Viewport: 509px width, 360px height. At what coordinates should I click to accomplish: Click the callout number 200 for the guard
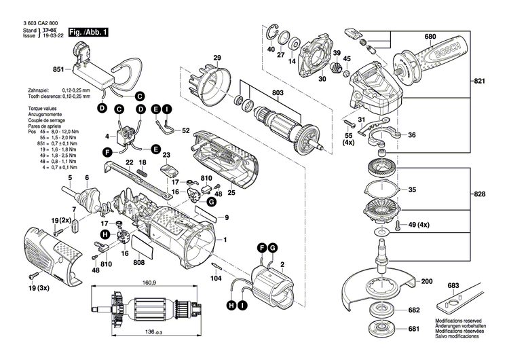tap(426, 281)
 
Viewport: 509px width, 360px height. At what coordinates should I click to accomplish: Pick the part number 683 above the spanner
tap(453, 287)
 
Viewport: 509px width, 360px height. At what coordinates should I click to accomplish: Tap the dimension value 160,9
tap(149, 283)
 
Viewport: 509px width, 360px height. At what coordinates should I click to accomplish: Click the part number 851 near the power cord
tap(58, 70)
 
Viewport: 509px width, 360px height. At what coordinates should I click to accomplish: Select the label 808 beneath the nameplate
tap(139, 263)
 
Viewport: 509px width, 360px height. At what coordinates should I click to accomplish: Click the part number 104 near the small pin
tap(216, 278)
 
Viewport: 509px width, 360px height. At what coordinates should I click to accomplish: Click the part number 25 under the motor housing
tap(231, 193)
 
